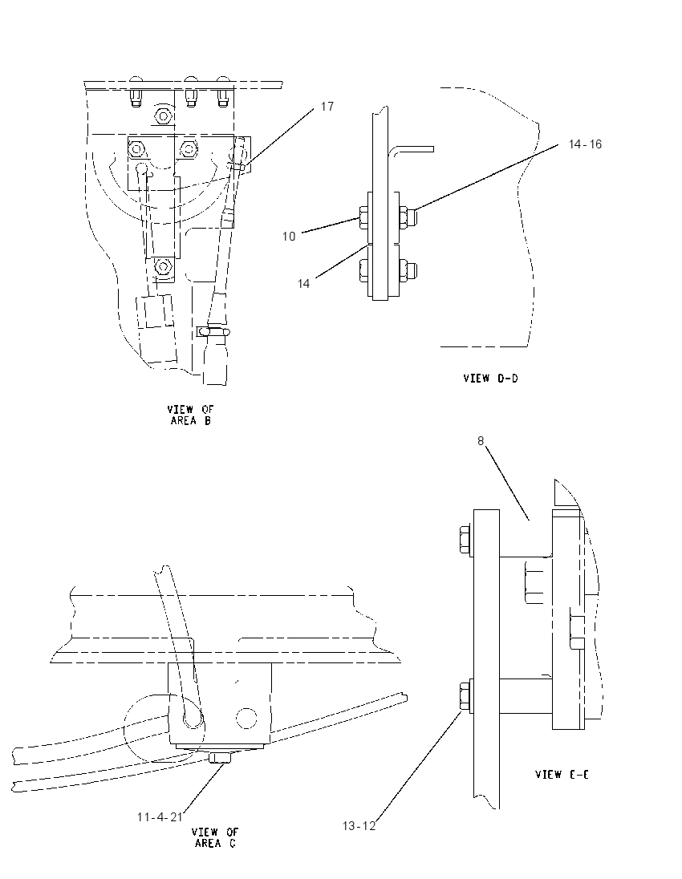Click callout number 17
[327, 107]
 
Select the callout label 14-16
[585, 144]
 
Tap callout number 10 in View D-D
[289, 237]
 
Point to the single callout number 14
[303, 284]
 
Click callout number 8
[481, 441]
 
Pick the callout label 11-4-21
[160, 816]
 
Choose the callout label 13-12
[359, 826]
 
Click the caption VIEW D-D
[491, 379]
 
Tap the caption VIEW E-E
[562, 774]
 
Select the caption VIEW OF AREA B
[191, 415]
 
